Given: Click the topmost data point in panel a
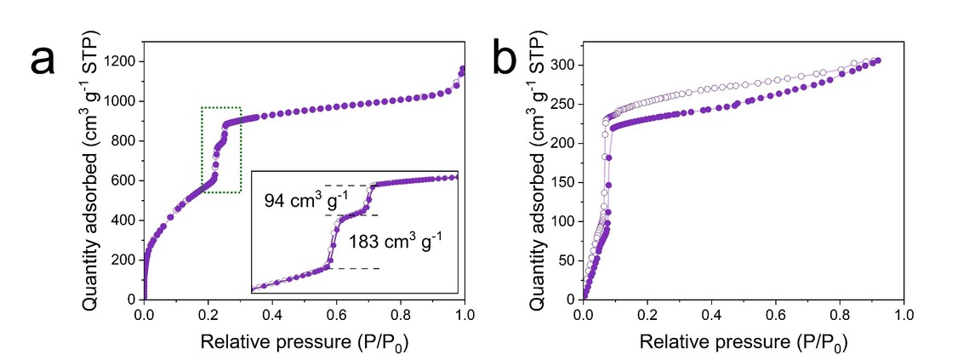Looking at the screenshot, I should click(x=463, y=69).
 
